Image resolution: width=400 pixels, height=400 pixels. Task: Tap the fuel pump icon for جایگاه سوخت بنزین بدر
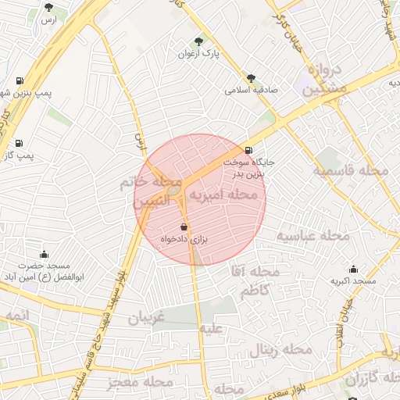[248, 151]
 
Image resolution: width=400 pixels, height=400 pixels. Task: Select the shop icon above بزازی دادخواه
[184, 227]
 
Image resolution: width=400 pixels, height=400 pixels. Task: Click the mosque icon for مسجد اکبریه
[353, 269]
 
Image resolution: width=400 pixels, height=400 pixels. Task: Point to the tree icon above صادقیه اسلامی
[251, 78]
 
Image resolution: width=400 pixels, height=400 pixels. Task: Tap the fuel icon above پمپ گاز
[18, 143]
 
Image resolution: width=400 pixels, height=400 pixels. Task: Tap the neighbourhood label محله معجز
[141, 382]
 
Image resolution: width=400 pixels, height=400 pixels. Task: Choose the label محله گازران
[366, 379]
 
